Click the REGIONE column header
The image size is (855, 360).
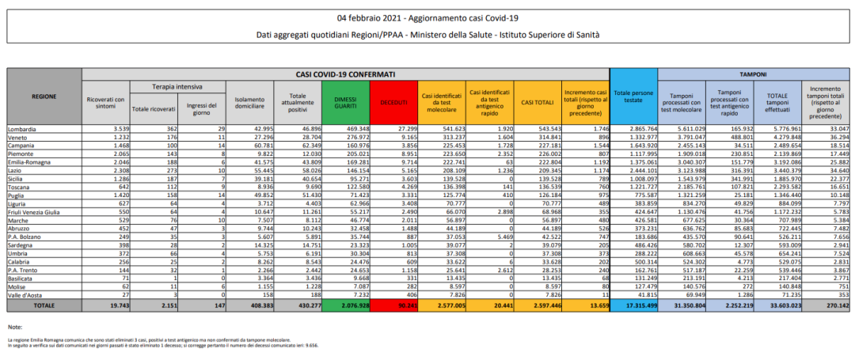pos(44,96)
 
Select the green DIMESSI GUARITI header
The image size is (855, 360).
pos(345,101)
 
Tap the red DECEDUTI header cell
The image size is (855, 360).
pos(393,101)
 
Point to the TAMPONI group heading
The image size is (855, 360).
pos(752,74)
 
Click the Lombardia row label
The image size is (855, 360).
pos(23,127)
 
